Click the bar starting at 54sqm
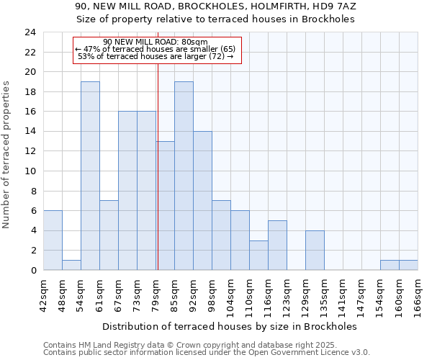point(90,176)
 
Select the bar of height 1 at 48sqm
point(71,265)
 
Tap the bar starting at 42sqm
point(53,240)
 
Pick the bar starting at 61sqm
point(109,235)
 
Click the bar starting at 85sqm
point(184,176)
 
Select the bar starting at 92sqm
point(202,201)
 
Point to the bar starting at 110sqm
point(258,255)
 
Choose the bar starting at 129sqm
point(315,251)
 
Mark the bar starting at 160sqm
point(408,265)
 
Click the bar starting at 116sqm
point(277,246)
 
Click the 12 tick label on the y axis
point(30,151)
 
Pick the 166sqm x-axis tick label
point(418,294)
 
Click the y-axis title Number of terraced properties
point(7,155)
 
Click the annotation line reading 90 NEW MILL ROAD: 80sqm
point(156,42)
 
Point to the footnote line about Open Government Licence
point(207,352)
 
